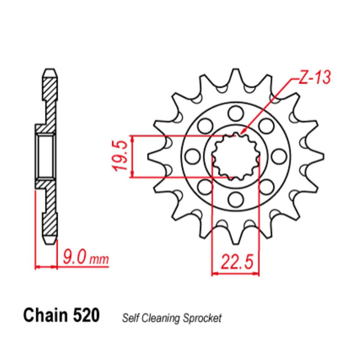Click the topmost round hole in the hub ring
(x=235, y=113)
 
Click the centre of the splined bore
(x=235, y=156)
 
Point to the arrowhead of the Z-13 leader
(x=243, y=133)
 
